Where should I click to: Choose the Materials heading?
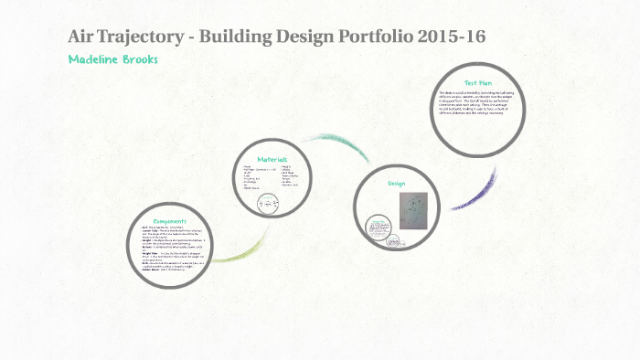pos(272,159)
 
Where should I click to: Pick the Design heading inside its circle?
pos(396,183)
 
